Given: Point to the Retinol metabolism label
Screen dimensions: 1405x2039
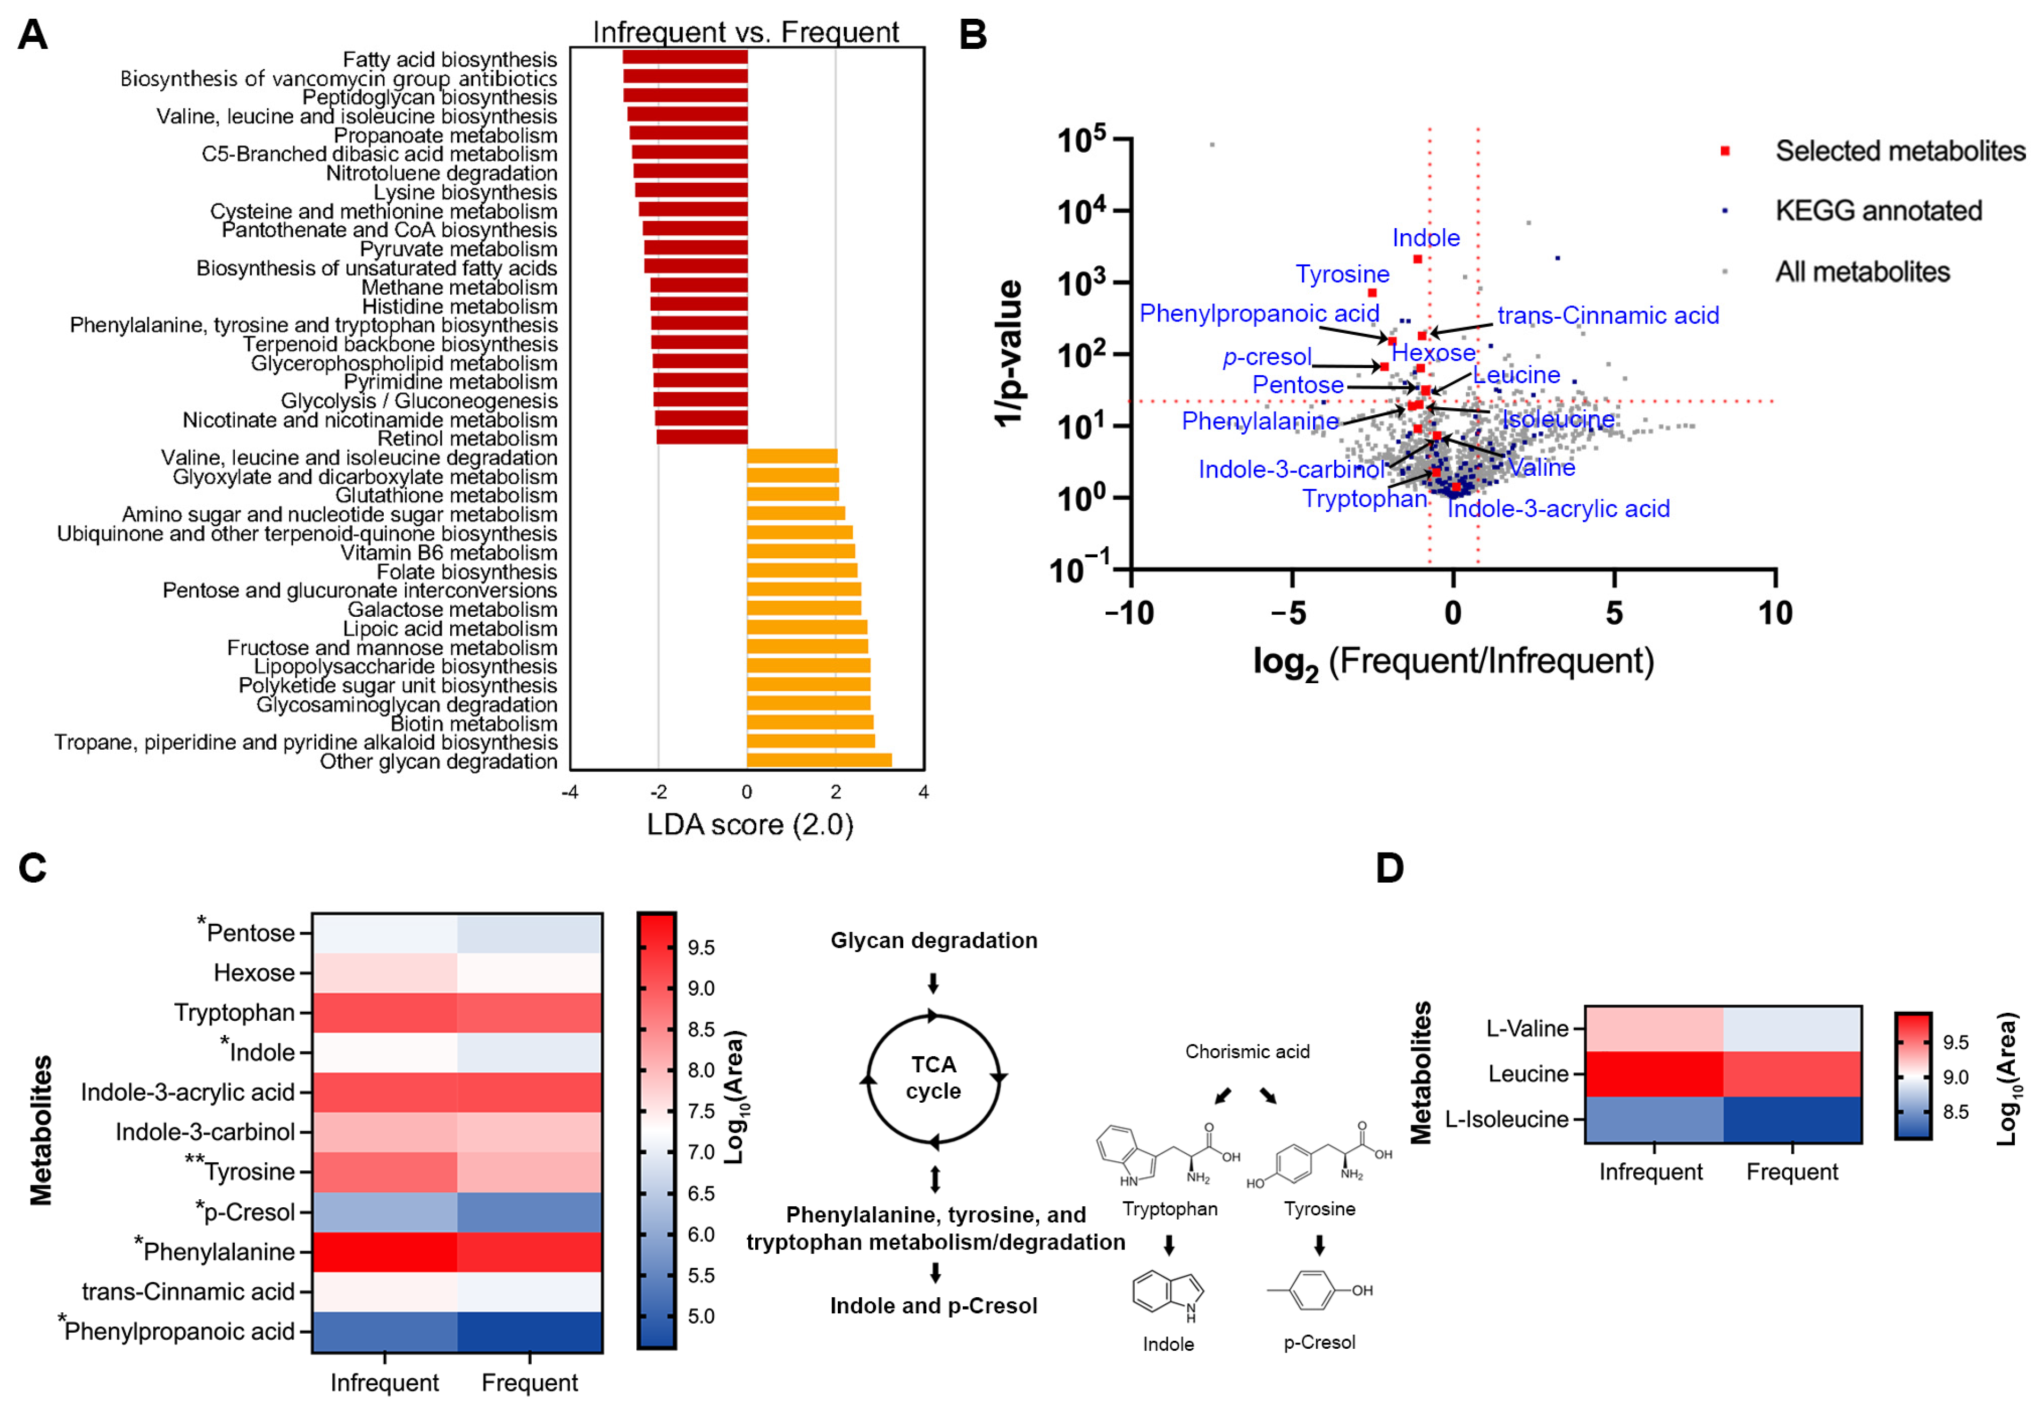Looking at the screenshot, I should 467,438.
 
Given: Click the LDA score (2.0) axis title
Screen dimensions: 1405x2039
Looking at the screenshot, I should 749,825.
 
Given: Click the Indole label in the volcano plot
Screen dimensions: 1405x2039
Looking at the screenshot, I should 1425,238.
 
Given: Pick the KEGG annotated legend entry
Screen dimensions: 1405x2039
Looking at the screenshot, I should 1877,211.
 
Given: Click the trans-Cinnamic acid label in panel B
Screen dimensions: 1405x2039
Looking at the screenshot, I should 1607,315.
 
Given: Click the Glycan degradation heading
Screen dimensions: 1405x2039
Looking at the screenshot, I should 933,940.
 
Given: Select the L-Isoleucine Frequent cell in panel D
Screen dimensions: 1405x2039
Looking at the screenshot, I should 1791,1119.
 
